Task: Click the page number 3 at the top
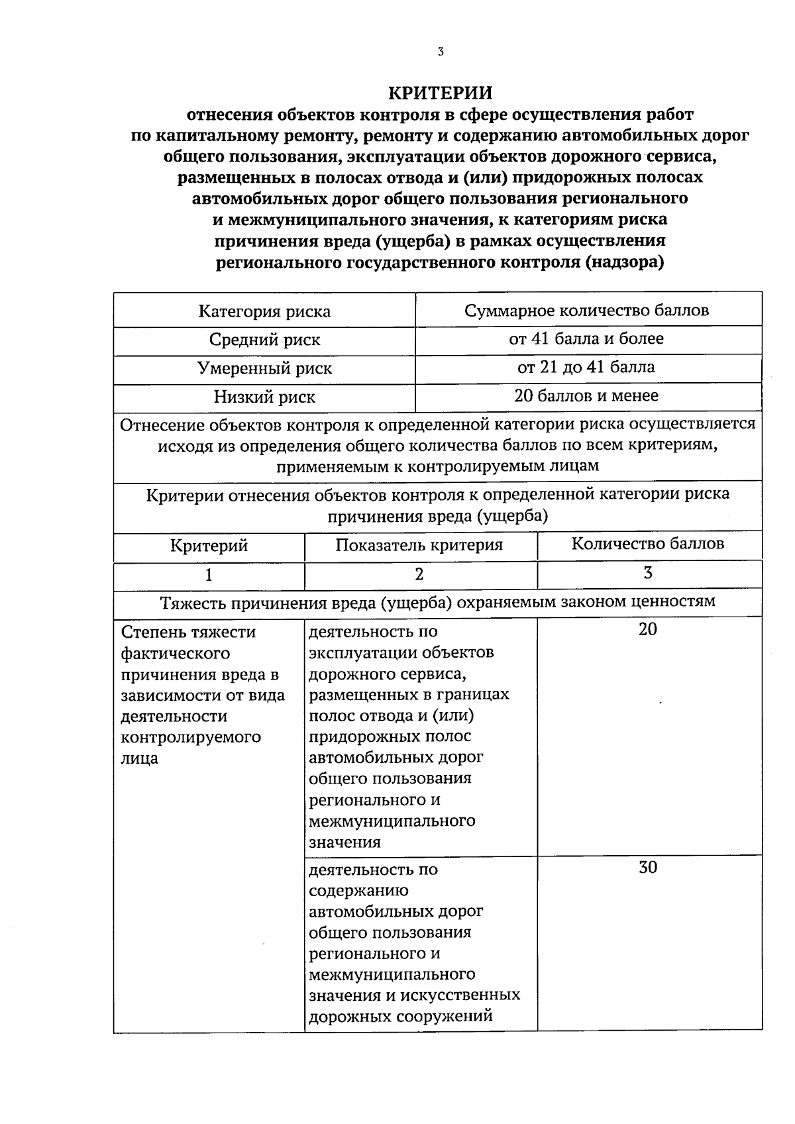tap(441, 52)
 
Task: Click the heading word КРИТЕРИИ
tap(441, 91)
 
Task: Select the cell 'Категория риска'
tap(264, 311)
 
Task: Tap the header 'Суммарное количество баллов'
tap(587, 310)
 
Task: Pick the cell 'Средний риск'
tap(264, 340)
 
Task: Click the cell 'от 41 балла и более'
tap(586, 338)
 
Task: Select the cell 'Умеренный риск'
tap(264, 368)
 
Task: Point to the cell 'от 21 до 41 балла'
tap(586, 367)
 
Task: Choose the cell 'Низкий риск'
tap(264, 397)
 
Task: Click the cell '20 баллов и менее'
tap(586, 396)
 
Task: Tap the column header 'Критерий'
tap(209, 546)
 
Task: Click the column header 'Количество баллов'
tap(648, 544)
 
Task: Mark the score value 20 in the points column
tap(648, 629)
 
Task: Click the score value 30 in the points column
tap(648, 867)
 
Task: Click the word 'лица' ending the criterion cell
tap(140, 758)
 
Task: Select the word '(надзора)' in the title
tap(625, 262)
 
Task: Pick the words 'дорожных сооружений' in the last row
tap(401, 1016)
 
